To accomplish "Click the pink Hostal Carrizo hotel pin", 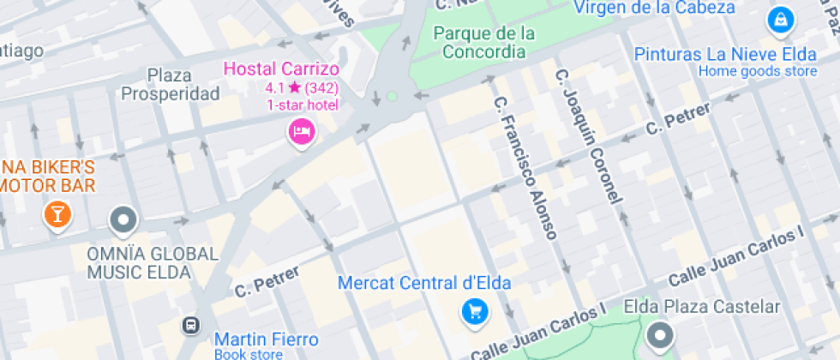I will click(x=301, y=132).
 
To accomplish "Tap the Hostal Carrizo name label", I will click(x=281, y=69).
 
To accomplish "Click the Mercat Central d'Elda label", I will click(x=425, y=283).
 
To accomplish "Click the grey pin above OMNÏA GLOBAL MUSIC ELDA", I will click(x=124, y=220).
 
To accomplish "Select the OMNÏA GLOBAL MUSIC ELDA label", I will click(x=153, y=263).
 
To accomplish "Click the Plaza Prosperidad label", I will click(x=171, y=84).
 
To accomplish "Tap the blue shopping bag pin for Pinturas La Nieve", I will click(x=780, y=19).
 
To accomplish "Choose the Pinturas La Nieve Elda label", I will click(x=725, y=55).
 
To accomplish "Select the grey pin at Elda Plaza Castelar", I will click(x=661, y=335).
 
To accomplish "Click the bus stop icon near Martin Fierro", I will click(x=190, y=326).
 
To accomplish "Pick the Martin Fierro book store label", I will click(x=266, y=339).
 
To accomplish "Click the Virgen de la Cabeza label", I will click(x=655, y=8).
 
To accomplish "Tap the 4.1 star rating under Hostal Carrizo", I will click(x=302, y=87).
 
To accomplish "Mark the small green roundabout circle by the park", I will click(x=392, y=97).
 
